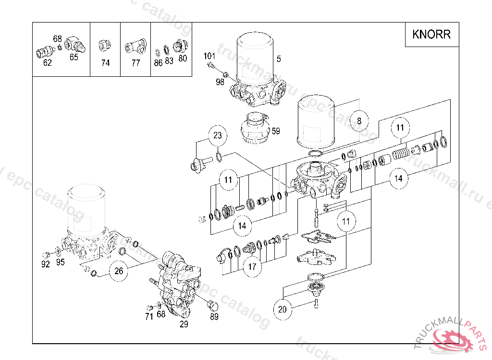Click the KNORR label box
point(431,35)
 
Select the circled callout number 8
point(359,121)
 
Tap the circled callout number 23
point(218,136)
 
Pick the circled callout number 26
point(119,271)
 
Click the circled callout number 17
point(252,266)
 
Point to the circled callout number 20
point(282,309)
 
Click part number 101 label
point(209,56)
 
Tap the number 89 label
point(214,316)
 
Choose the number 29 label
point(184,324)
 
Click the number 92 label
point(46,264)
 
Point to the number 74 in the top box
point(105,63)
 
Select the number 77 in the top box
point(135,63)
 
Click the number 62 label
point(47,63)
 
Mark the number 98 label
point(220,82)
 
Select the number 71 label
point(149,316)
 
